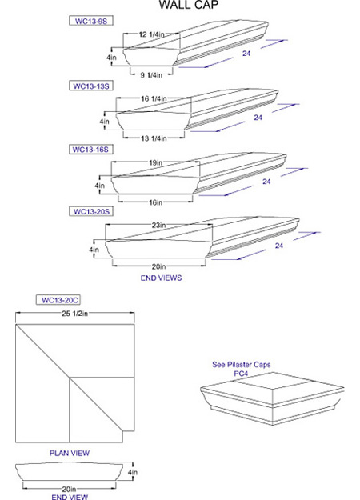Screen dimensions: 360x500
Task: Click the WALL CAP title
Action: tap(189, 5)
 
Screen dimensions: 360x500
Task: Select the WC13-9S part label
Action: tap(91, 21)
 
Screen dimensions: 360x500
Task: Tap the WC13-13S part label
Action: tap(91, 86)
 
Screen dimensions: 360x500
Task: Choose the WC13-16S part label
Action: tap(91, 150)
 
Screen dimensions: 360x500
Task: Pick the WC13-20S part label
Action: tap(91, 211)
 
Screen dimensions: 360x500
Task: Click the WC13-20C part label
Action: tap(58, 300)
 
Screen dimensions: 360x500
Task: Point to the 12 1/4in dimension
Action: tap(151, 34)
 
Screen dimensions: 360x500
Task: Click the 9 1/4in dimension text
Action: tap(151, 75)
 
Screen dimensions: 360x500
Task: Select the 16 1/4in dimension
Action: tap(154, 98)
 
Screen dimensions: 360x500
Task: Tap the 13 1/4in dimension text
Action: tap(154, 138)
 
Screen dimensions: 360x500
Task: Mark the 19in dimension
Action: tap(156, 162)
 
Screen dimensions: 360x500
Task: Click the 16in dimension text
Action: tap(156, 202)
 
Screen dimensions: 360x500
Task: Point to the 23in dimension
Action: tap(158, 225)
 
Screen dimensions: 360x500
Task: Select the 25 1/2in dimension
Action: tap(75, 314)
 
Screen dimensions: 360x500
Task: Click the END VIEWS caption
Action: tap(161, 278)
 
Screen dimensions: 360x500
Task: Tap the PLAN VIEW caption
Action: tap(70, 453)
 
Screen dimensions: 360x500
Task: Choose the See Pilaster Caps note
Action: tap(242, 365)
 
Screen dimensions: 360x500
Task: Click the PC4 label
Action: tap(241, 373)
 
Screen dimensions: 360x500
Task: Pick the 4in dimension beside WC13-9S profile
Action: tap(111, 58)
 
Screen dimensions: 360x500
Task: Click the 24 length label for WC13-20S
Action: tap(279, 246)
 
